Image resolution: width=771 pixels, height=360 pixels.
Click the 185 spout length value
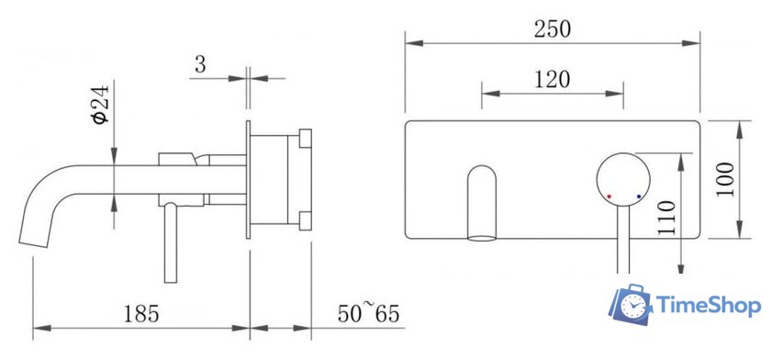click(x=143, y=314)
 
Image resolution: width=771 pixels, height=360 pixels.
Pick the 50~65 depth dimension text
click(x=366, y=313)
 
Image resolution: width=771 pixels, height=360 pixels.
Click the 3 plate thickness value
click(x=199, y=65)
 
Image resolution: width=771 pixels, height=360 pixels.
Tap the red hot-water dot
click(x=609, y=196)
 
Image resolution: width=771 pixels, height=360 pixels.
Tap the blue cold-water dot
click(x=638, y=196)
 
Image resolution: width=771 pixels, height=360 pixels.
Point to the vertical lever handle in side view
click(x=170, y=243)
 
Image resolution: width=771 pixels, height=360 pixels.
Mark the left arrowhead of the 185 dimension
click(x=38, y=327)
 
